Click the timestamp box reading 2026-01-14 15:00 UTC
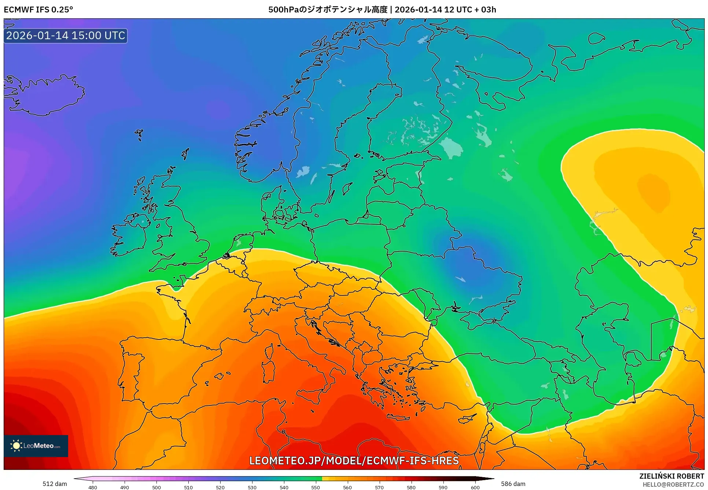(66, 36)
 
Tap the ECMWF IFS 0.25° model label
(38, 10)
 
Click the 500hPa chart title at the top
(382, 10)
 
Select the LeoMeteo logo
(36, 446)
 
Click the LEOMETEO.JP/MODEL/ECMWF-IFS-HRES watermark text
(354, 461)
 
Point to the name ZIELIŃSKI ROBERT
(671, 476)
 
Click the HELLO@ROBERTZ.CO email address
(673, 485)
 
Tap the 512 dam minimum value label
(55, 484)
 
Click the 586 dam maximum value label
(513, 484)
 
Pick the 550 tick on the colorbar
(316, 487)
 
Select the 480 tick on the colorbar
(93, 487)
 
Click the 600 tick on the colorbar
(475, 487)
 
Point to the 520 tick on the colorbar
(220, 487)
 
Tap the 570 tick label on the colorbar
(379, 487)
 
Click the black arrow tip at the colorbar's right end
(491, 478)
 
